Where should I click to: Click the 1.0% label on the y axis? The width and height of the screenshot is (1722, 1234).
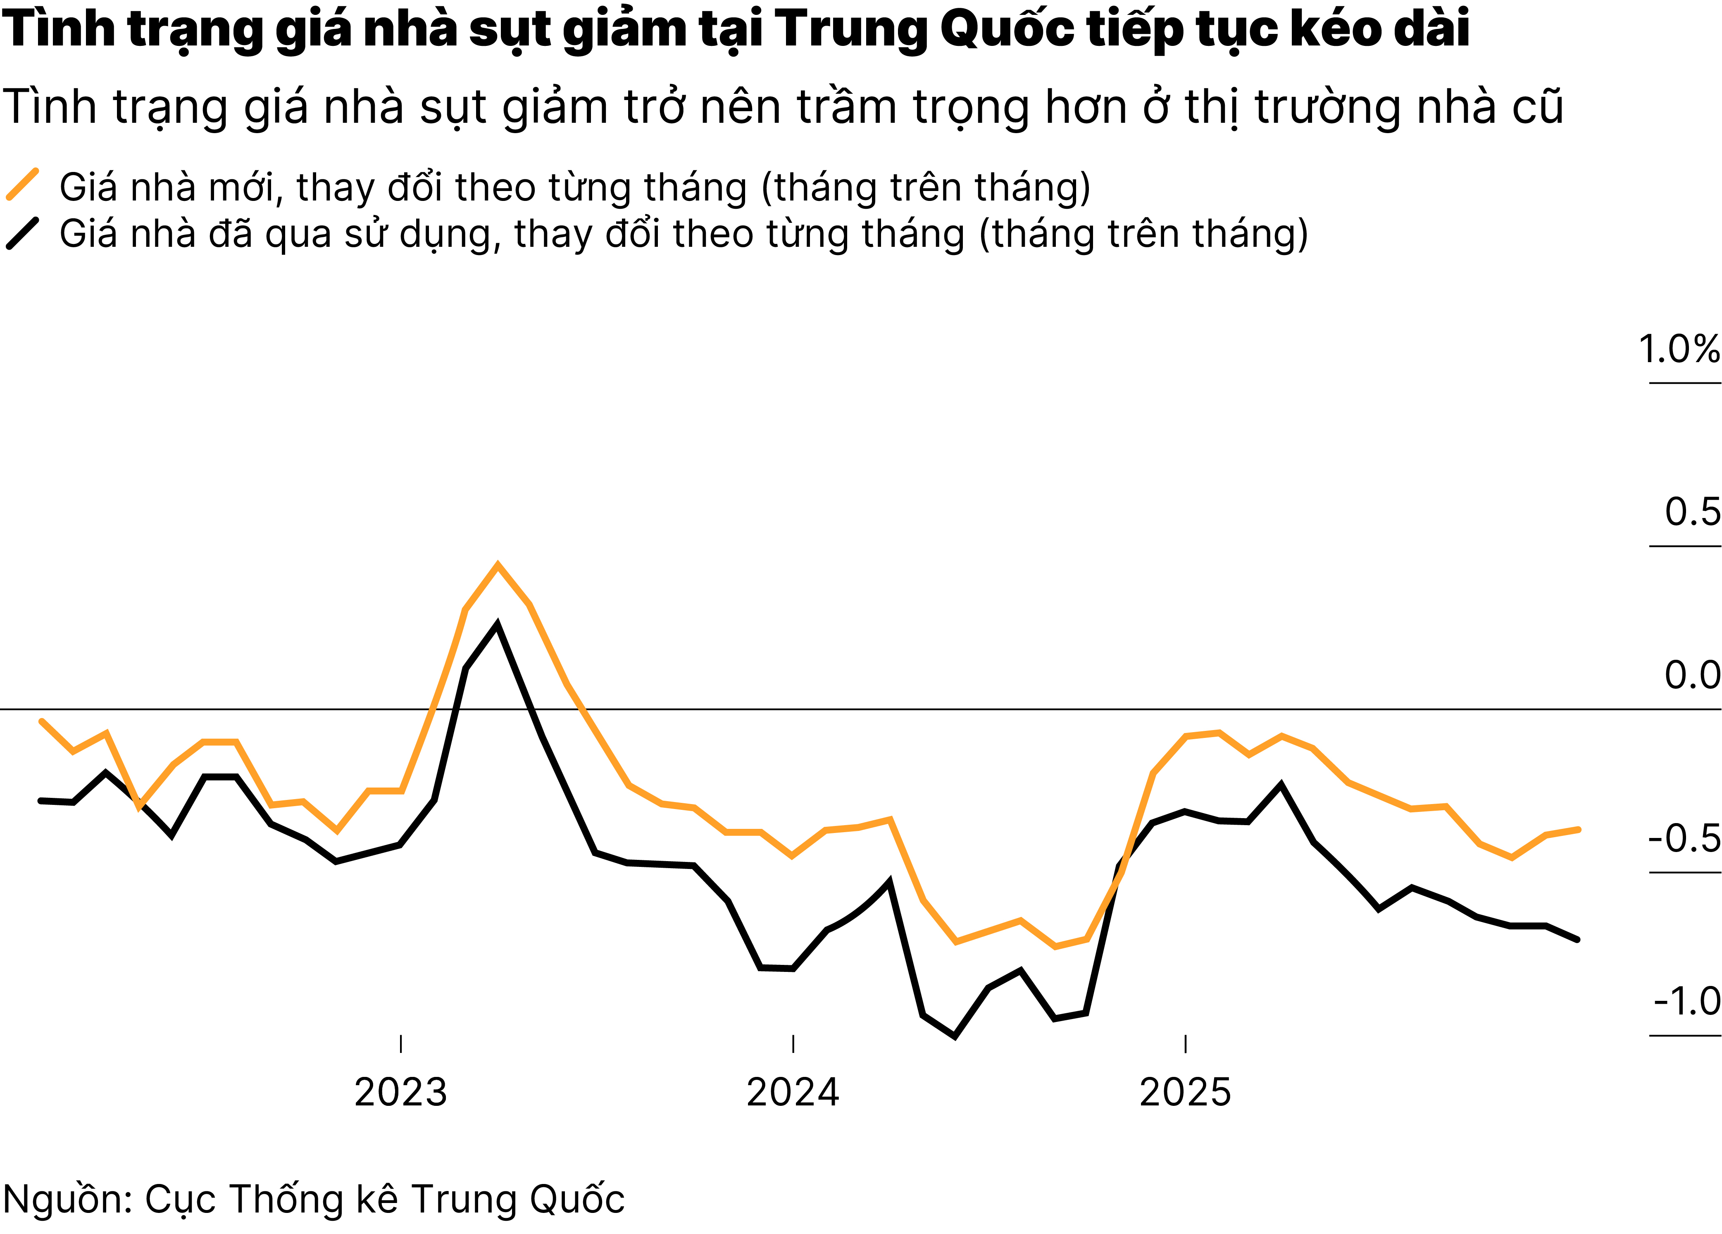(1678, 350)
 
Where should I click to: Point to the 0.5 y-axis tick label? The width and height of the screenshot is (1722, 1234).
(1692, 513)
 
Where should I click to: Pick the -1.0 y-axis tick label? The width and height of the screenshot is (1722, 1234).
(1686, 1002)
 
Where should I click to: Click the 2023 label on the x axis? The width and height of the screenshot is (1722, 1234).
(401, 1093)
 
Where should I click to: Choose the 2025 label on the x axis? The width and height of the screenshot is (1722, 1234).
(1185, 1093)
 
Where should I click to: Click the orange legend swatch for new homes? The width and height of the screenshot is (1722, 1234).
(23, 184)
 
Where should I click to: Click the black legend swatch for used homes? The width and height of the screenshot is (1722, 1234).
(23, 233)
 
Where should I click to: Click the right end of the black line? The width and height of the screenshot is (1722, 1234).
(1578, 939)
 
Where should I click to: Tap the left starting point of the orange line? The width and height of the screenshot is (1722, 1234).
(41, 721)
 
